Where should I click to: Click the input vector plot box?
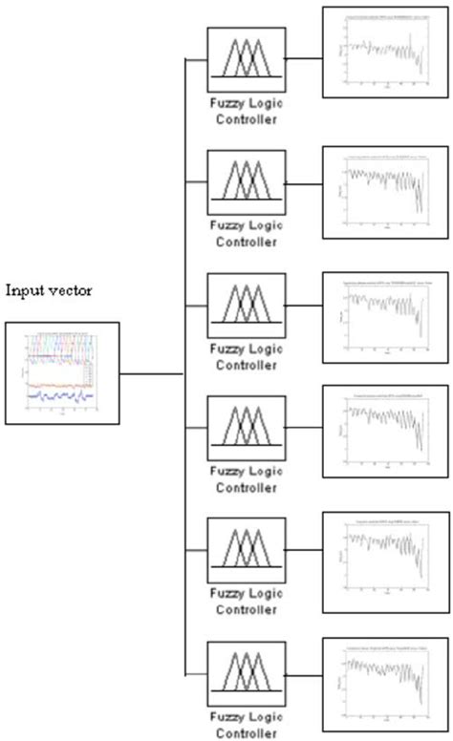click(x=62, y=373)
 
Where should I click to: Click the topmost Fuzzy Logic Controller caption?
click(x=245, y=112)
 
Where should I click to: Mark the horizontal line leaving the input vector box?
click(x=151, y=373)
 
